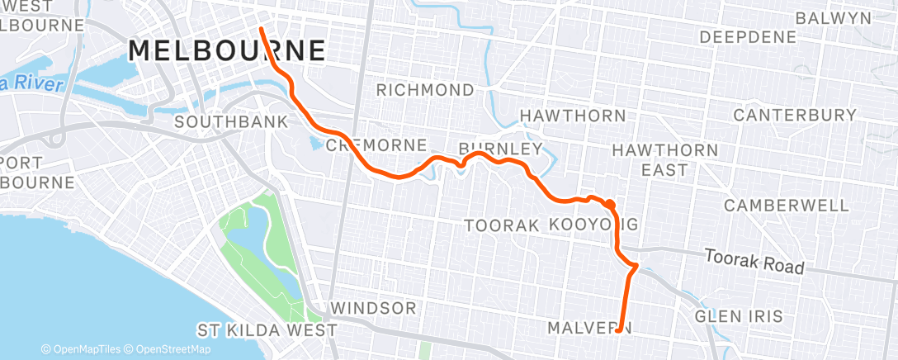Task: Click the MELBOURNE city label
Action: click(227, 50)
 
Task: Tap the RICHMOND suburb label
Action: click(426, 90)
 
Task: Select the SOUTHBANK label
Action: click(231, 122)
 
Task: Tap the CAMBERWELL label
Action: click(786, 205)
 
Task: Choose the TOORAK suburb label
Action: click(502, 225)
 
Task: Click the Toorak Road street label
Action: click(754, 263)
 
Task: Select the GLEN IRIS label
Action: click(737, 316)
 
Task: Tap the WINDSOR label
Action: click(373, 308)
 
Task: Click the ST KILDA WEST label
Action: click(267, 330)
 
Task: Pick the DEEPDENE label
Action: click(748, 37)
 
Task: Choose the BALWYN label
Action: click(833, 17)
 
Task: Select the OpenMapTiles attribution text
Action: click(81, 349)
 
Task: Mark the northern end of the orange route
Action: click(262, 29)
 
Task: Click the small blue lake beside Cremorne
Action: click(317, 144)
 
